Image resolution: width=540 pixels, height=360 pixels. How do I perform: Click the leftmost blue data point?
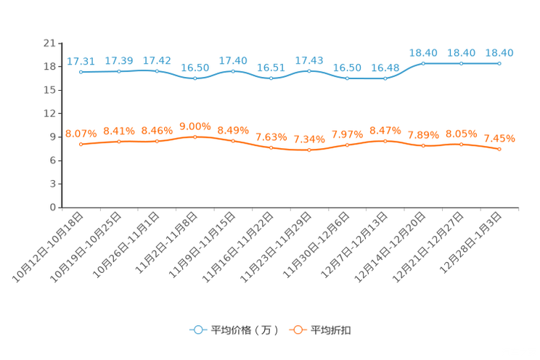81,72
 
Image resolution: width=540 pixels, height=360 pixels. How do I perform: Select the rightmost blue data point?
499,64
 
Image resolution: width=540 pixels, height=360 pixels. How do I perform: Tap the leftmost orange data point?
81,144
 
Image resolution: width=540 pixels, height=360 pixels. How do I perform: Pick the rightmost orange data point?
499,150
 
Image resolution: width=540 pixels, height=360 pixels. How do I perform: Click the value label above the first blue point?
81,61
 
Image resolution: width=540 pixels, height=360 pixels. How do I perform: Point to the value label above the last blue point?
499,52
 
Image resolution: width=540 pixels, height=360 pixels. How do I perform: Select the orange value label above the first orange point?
81,134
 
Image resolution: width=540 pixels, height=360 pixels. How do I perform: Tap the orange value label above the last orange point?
499,139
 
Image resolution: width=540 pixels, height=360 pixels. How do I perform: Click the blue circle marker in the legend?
198,330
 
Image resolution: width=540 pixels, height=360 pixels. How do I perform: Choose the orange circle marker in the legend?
298,330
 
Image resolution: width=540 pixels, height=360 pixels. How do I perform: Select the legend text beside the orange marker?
332,330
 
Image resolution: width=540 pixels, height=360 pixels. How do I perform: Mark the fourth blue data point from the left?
195,78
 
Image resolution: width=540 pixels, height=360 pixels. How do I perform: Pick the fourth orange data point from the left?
195,136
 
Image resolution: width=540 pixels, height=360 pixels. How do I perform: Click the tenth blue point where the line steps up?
423,64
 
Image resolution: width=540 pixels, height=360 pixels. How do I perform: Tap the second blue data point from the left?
119,71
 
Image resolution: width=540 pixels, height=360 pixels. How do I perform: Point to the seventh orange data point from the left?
309,150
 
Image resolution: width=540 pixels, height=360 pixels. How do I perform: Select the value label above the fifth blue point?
233,60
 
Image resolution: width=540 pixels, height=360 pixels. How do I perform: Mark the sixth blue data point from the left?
271,77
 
